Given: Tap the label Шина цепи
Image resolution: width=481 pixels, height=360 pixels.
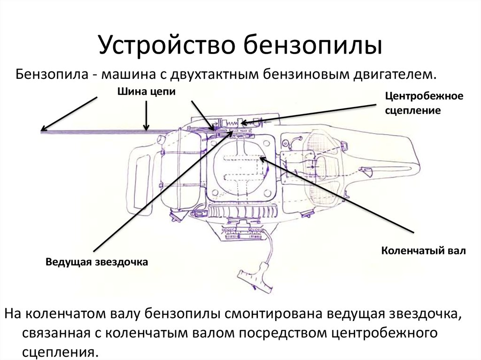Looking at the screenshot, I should (146, 92).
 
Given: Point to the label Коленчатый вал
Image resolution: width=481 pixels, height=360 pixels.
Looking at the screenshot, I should (423, 251).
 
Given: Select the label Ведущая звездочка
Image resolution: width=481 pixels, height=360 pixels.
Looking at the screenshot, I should (96, 262).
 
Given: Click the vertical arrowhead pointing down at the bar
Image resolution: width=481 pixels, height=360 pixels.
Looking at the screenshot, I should (147, 128).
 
